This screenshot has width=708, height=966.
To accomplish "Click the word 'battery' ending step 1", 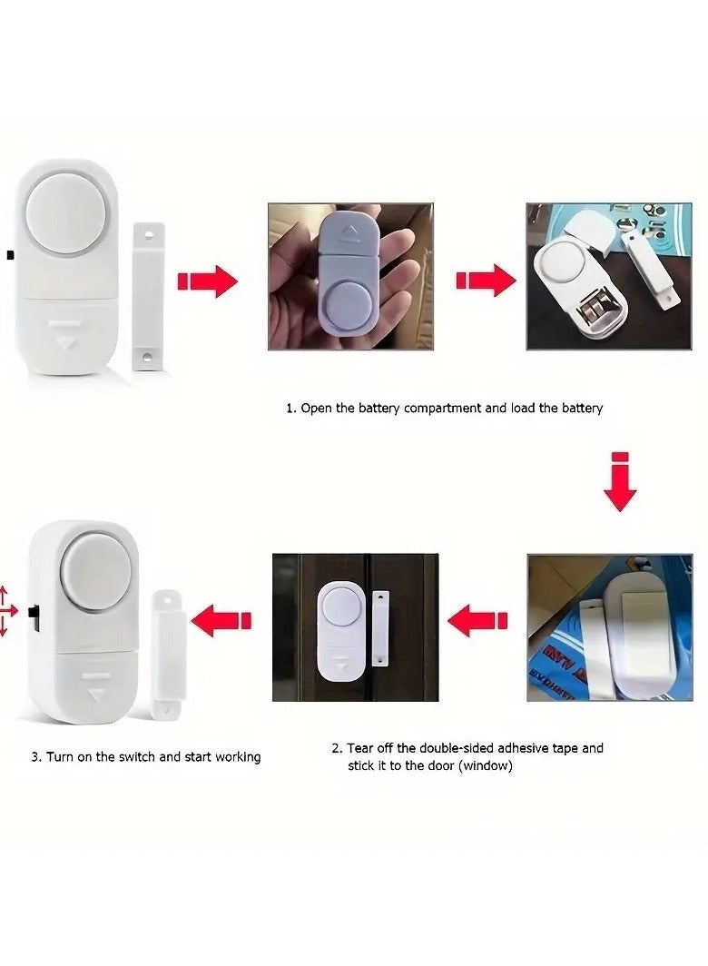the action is click(x=582, y=408).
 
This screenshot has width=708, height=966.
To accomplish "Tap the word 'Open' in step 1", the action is click(x=317, y=409).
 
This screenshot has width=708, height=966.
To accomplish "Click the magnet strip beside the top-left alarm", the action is click(x=148, y=296).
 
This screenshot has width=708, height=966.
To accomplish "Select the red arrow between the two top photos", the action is click(x=486, y=281).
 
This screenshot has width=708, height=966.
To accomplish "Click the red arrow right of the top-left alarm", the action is click(x=207, y=281).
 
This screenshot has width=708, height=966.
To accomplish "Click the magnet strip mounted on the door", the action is click(x=381, y=629).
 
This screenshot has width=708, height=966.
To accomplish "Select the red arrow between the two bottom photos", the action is click(x=477, y=620).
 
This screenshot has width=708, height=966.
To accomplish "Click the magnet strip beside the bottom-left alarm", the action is click(x=169, y=655).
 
